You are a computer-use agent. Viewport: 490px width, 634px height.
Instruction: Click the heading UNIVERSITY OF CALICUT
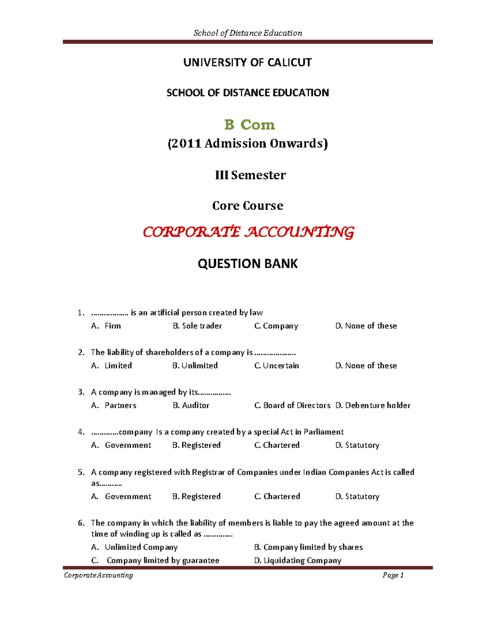pos(247,62)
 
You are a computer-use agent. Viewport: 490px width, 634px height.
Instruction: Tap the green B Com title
pos(249,125)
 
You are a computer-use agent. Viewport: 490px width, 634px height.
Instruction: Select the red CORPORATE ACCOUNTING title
pos(248,232)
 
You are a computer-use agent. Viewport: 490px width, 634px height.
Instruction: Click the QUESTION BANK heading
pos(247,264)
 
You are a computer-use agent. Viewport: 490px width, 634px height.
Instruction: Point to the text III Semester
pos(250,175)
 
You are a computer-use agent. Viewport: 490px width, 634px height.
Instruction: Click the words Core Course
pos(247,205)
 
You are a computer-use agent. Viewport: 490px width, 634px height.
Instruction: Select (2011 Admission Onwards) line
pos(247,144)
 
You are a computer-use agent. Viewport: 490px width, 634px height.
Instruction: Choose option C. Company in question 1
pos(276,326)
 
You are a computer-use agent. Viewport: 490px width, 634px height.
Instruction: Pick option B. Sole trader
pos(197,326)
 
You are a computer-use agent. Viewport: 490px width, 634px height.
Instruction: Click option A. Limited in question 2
pos(111,365)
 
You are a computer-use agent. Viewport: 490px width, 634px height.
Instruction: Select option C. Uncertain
pos(276,365)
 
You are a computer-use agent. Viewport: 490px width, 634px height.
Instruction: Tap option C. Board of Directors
pos(292,405)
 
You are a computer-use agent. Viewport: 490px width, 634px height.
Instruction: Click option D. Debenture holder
pos(373,405)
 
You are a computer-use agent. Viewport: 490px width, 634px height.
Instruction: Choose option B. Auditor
pos(191,405)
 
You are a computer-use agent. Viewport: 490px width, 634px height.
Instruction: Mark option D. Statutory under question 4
pos(357,445)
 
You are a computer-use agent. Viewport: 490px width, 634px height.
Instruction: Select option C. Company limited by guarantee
pos(155,561)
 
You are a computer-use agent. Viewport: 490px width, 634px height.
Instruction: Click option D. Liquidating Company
pos(298,561)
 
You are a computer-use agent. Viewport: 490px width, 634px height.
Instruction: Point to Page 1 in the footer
pos(393,575)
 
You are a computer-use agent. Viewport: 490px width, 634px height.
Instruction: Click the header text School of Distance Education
pos(247,33)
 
